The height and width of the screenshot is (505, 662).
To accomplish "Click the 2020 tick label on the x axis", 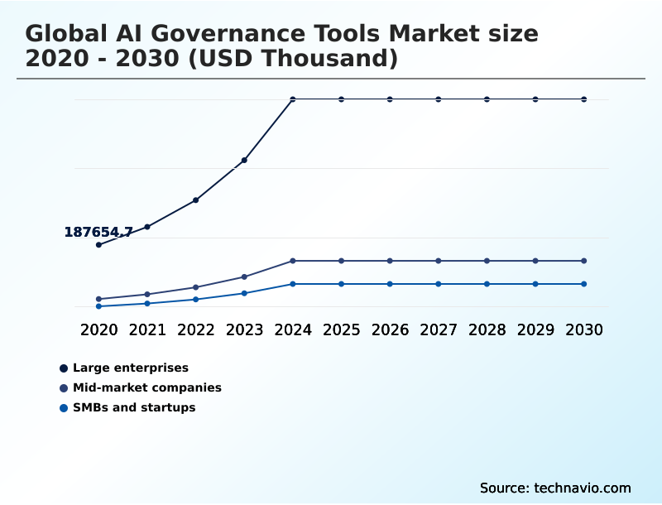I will click(98, 329).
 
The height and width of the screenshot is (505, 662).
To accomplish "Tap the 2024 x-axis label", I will click(293, 329).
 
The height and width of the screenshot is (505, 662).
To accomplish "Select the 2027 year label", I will click(439, 329).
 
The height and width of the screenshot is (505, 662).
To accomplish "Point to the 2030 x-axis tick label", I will click(584, 329).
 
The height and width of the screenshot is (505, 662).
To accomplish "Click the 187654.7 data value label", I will click(98, 233).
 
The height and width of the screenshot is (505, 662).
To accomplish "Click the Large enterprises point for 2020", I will click(98, 245).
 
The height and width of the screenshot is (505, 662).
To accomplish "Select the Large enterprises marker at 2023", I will click(244, 160).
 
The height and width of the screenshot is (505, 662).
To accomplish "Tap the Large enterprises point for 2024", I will click(293, 99).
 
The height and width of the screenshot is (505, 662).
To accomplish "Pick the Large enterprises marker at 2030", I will click(584, 99).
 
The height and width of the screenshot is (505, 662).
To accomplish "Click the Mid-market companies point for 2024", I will click(293, 261).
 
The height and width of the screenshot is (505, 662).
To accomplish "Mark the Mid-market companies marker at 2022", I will click(196, 287).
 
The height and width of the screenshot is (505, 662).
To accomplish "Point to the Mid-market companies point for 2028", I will click(487, 261).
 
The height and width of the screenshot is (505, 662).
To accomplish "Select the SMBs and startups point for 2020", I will click(98, 306).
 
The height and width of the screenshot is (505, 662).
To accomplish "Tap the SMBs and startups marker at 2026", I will click(390, 284).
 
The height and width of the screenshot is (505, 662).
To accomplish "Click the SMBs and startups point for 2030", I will click(584, 284).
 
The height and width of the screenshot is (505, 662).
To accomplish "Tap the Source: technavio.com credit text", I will click(555, 488).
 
